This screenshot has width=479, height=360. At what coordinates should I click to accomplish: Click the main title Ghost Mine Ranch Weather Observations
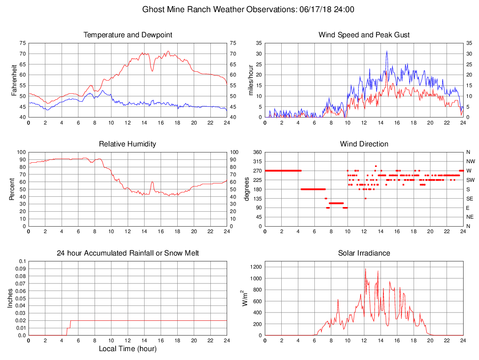tap(248, 9)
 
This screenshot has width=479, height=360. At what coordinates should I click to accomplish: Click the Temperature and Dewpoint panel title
tap(127, 35)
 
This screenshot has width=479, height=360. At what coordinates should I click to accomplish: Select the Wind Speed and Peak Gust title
tap(364, 35)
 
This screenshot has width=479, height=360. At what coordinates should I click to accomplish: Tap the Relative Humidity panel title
tap(127, 144)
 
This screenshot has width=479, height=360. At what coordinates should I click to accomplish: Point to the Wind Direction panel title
tap(364, 144)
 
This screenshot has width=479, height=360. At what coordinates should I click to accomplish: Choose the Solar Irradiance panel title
tap(364, 253)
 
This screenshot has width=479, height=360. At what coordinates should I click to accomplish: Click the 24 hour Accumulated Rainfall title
tap(127, 253)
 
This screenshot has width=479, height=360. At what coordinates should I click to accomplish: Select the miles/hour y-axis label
tap(250, 79)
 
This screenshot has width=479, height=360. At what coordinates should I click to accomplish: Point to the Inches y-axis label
tap(10, 298)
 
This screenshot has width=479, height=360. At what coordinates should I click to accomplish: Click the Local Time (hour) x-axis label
tap(127, 348)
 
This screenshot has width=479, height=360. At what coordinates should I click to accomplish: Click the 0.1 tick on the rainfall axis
tap(21, 261)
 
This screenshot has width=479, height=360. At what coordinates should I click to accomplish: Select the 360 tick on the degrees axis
tap(256, 152)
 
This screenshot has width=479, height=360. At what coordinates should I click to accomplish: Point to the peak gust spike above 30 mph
tap(387, 51)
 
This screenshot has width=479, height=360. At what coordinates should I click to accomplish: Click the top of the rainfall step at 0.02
tap(70, 320)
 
